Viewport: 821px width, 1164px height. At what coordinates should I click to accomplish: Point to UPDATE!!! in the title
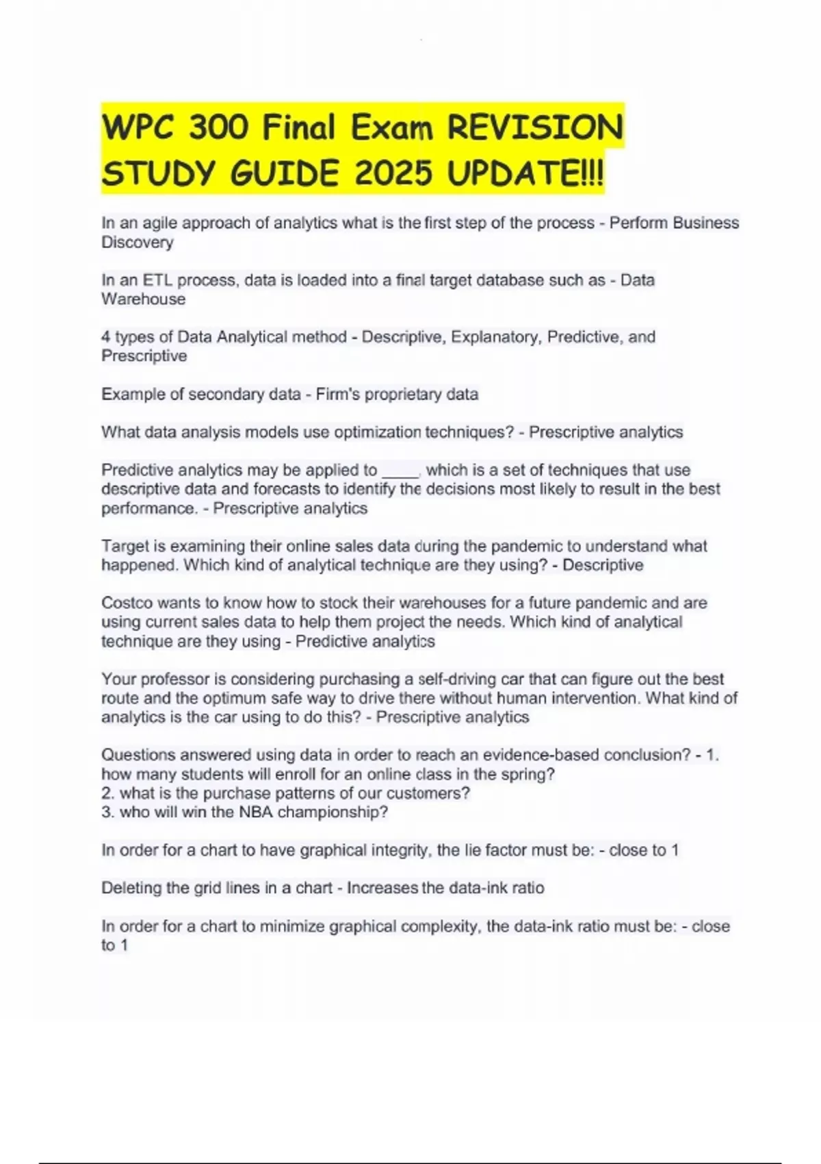coord(525,173)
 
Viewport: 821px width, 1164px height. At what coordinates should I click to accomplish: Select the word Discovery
coord(138,242)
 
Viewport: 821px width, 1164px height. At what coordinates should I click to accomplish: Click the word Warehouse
coord(144,299)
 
